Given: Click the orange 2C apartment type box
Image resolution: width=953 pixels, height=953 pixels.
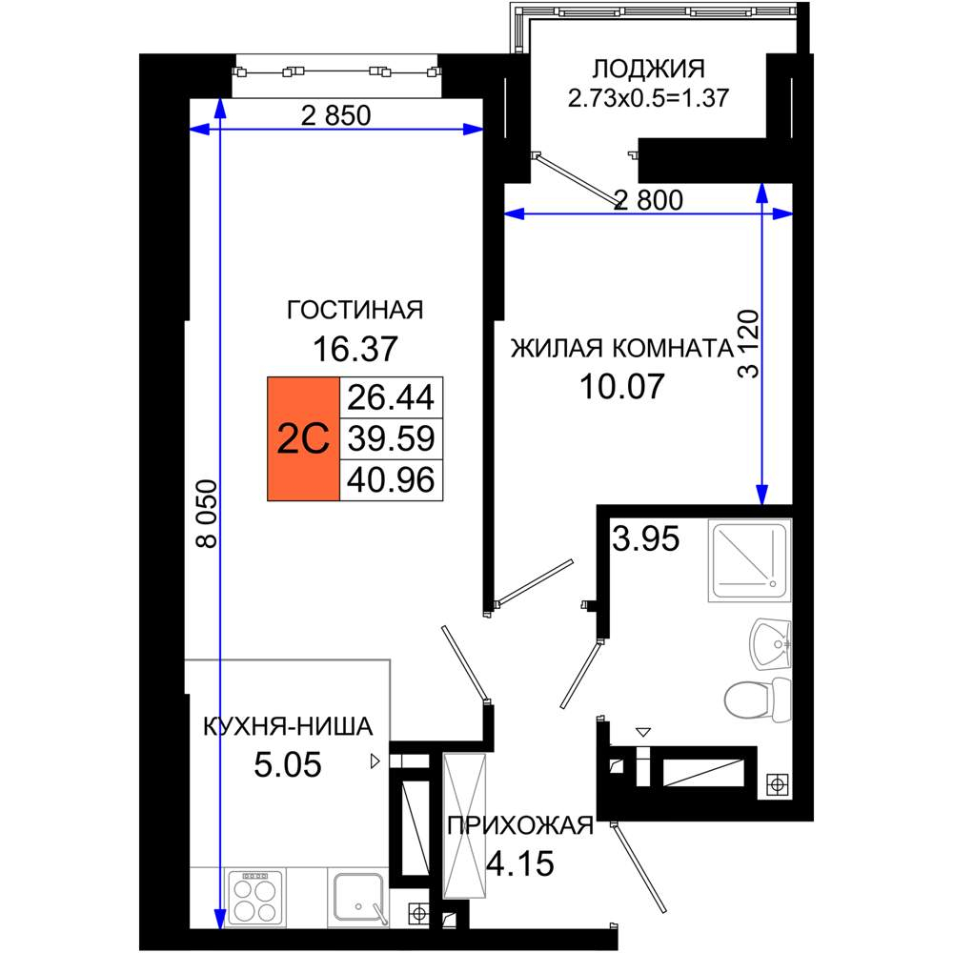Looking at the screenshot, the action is (x=303, y=438).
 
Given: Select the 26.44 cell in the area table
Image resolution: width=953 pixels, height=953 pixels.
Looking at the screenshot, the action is (x=391, y=396).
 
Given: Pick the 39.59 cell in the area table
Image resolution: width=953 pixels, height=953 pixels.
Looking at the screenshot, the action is (x=391, y=438).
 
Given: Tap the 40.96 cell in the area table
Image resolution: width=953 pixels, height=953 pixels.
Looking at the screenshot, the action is (x=391, y=480).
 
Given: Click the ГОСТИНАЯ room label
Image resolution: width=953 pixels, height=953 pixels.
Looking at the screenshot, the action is (x=355, y=310).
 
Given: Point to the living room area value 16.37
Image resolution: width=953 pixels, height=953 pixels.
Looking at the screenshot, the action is (x=355, y=349).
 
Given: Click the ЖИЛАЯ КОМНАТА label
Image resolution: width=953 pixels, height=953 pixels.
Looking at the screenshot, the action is (x=622, y=349).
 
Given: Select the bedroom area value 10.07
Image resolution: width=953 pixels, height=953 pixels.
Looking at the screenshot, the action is (x=621, y=387).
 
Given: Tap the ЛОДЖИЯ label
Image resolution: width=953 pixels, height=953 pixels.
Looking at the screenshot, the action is (x=648, y=69).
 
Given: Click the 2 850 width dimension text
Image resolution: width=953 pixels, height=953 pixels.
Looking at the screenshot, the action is (x=336, y=115).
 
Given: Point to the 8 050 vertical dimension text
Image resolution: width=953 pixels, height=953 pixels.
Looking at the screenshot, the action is (x=207, y=514).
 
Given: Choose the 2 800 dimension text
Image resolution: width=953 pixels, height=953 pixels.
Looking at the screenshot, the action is (x=648, y=200).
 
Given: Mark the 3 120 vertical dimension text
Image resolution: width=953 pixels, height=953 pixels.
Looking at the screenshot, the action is (x=749, y=344).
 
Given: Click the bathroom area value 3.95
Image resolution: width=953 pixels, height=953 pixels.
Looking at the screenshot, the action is (x=645, y=538).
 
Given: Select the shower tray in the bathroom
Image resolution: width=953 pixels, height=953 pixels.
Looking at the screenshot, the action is (x=750, y=559).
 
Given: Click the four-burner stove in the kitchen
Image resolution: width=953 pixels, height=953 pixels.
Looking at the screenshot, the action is (x=255, y=899).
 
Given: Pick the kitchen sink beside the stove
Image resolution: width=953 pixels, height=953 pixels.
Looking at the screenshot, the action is (x=358, y=899).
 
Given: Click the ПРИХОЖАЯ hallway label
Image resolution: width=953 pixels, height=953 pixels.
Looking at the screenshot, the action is (x=521, y=825).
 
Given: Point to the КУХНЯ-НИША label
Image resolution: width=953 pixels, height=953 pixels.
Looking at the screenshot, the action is (x=288, y=726).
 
